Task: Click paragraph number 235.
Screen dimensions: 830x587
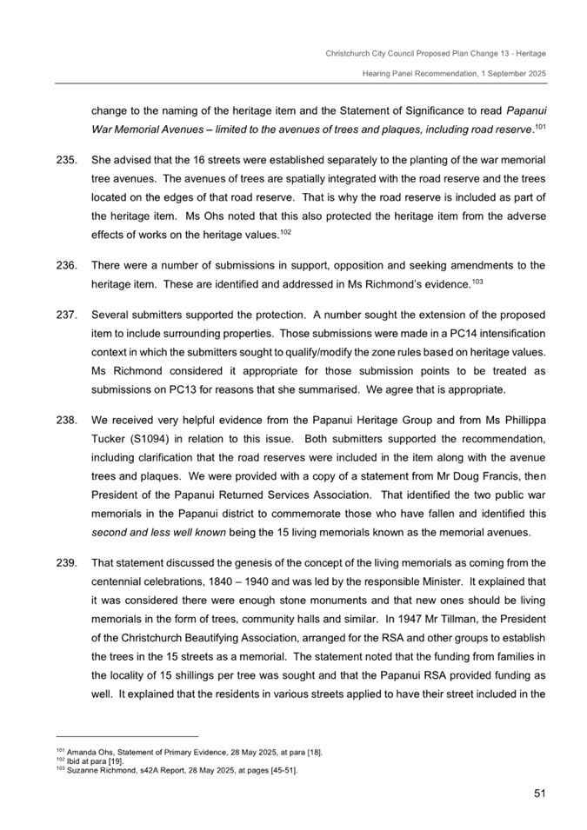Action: (67, 162)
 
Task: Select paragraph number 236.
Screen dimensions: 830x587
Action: (67, 265)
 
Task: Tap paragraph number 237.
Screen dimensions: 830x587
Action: (67, 314)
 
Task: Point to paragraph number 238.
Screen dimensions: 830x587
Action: (67, 420)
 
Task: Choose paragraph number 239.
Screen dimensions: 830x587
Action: (67, 562)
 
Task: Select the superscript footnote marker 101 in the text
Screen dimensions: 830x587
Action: (540, 125)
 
